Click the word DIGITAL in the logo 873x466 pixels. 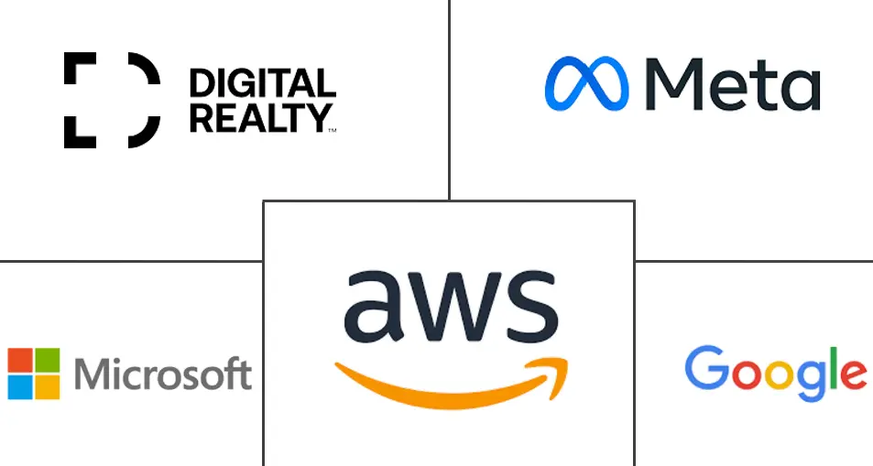pos(262,83)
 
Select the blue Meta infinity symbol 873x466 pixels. pos(586,83)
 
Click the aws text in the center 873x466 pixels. pos(451,306)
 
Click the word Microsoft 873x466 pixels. pos(163,374)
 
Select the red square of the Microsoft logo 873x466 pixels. pos(20,360)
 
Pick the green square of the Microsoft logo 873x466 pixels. pos(48,360)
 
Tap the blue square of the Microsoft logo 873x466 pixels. pos(20,387)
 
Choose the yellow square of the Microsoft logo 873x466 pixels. pos(48,387)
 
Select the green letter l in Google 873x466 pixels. pos(833,367)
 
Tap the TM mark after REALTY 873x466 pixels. pos(333,130)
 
